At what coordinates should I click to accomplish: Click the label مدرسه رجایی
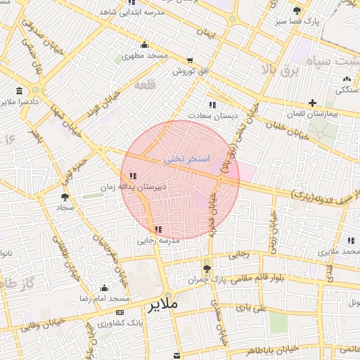pyautogui.click(x=159, y=240)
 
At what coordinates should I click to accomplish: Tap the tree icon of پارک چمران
pyautogui.click(x=206, y=268)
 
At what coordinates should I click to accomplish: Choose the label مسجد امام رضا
pyautogui.click(x=105, y=299)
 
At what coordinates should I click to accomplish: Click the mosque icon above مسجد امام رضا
pyautogui.click(x=105, y=288)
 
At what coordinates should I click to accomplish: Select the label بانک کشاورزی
pyautogui.click(x=117, y=323)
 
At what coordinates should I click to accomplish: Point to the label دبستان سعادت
pyautogui.click(x=212, y=115)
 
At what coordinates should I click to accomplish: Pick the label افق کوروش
pyautogui.click(x=190, y=72)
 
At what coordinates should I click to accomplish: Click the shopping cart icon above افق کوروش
pyautogui.click(x=190, y=60)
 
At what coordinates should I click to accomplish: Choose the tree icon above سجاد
pyautogui.click(x=65, y=198)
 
